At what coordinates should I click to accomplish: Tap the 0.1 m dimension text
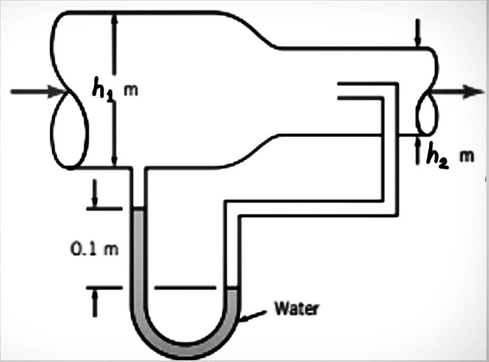click(95, 248)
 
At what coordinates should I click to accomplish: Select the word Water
click(297, 308)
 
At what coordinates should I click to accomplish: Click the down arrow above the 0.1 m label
click(96, 201)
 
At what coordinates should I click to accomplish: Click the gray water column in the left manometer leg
click(138, 252)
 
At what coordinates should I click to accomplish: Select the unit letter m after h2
click(467, 156)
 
